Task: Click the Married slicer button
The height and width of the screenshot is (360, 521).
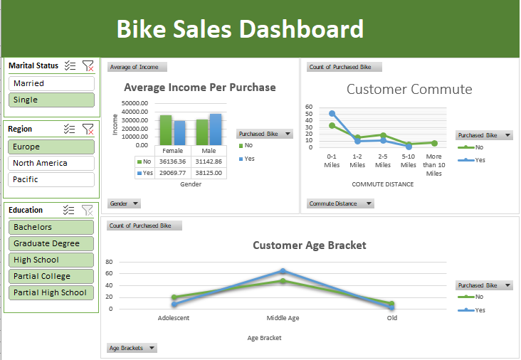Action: point(51,83)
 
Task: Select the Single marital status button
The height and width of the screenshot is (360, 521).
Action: point(51,100)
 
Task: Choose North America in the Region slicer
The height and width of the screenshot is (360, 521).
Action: point(51,163)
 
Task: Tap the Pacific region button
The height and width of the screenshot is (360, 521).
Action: point(51,179)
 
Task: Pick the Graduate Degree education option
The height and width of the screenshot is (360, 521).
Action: point(51,243)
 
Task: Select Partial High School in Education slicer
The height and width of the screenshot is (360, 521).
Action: point(51,292)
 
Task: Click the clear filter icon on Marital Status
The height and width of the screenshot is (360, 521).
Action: point(88,66)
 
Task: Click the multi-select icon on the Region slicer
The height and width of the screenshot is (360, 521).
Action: point(70,129)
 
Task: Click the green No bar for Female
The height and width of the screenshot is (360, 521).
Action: point(166,129)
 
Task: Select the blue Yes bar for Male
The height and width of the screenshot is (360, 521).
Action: point(215,129)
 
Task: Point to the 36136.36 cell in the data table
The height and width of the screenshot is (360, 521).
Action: point(173,162)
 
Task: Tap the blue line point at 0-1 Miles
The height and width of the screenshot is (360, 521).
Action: point(332,113)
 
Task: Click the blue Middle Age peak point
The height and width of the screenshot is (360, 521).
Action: point(283,271)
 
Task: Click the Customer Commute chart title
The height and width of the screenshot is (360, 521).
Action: point(409,89)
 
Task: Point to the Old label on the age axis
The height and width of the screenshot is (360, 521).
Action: point(391,318)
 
